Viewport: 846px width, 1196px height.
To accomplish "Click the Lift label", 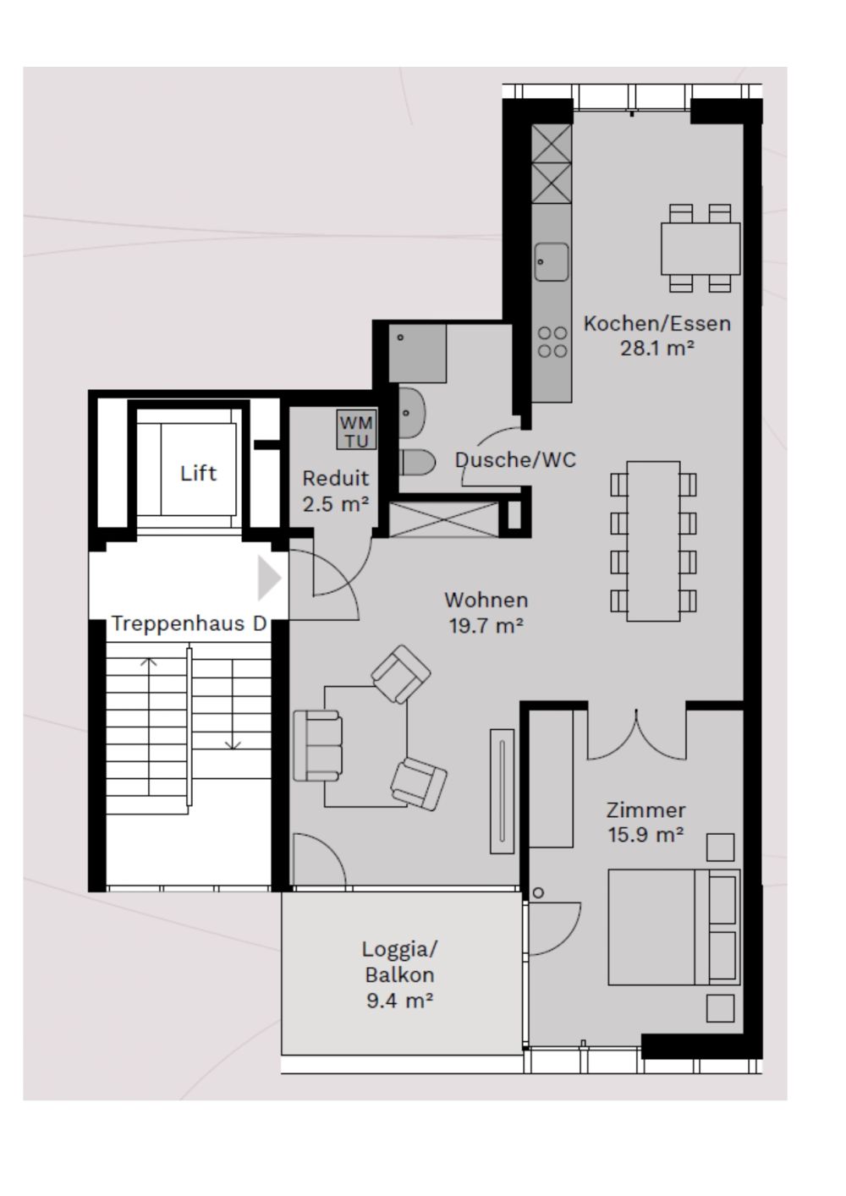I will coord(198,473).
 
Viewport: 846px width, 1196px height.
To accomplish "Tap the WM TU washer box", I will coord(356,431).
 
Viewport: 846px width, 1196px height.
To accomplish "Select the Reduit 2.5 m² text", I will coord(336,491).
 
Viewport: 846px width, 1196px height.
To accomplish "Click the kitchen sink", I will coord(552,262).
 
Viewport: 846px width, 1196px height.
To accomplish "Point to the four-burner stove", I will coord(552,342).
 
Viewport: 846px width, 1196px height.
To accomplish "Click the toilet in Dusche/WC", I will coord(416,463).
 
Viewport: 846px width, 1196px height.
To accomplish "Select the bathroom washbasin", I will coord(411,413).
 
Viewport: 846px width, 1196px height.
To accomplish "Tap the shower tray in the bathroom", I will coord(417,353).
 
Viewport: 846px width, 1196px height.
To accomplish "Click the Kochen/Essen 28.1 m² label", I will coord(657,335).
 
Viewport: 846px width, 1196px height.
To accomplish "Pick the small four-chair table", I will coord(700,248).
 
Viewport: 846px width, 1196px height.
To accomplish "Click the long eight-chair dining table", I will coord(653,541).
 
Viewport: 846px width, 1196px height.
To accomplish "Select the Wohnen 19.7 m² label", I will coord(486,612).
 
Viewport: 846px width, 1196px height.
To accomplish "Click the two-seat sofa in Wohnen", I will coord(318,745).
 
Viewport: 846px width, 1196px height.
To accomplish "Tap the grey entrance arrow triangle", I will coord(268,579).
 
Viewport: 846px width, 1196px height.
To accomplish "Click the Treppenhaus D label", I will coord(189,624).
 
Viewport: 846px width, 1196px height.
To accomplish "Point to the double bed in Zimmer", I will coord(673,927).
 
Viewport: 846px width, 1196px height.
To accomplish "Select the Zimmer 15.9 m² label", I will coord(645,822).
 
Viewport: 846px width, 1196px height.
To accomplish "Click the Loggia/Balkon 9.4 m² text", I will coord(400,974).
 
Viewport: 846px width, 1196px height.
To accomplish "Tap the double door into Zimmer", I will coord(636,732).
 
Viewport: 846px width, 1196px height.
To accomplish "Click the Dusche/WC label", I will coord(515,459).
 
